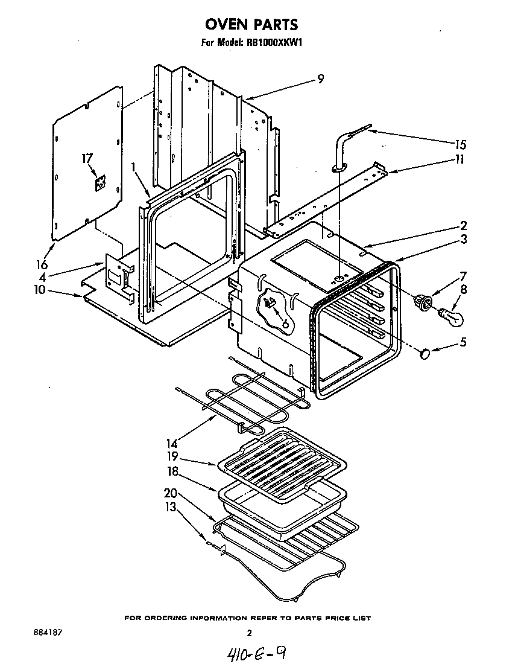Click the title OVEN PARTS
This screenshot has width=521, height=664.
(x=252, y=25)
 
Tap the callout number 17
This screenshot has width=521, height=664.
(x=87, y=158)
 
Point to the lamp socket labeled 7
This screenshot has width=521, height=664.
(x=424, y=301)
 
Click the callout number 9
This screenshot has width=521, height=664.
(x=321, y=78)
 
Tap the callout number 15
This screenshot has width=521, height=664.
(x=461, y=145)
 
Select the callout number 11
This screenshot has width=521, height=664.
(x=460, y=160)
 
